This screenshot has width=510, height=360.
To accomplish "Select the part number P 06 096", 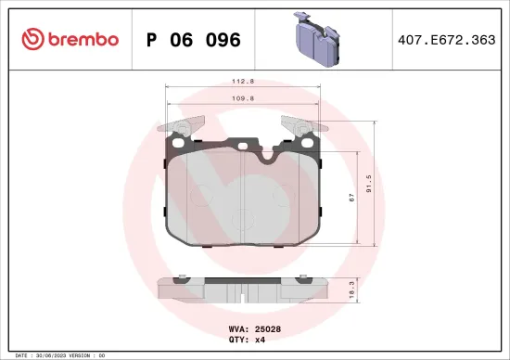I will (x=194, y=40).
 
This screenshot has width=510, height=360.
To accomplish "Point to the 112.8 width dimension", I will (x=244, y=79).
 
